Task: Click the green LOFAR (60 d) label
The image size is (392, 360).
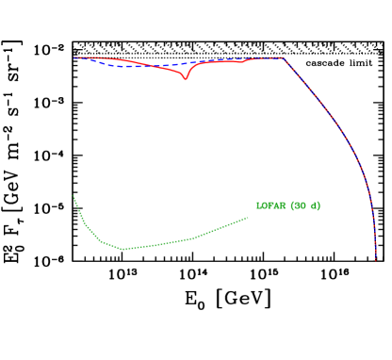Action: [287, 205]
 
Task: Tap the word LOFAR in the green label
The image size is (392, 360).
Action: [271, 205]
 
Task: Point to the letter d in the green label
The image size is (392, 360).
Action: [314, 205]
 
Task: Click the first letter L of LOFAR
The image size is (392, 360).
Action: [259, 205]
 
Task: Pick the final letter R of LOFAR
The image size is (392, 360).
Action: [283, 205]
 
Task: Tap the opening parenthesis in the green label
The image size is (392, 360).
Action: [292, 205]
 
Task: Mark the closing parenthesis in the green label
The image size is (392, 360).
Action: [318, 205]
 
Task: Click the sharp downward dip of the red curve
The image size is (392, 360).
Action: [186, 79]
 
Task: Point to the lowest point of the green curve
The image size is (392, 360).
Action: [122, 249]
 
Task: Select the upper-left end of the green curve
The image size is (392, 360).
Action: [73, 196]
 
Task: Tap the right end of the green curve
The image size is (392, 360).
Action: [248, 218]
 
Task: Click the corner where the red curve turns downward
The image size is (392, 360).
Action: [283, 57]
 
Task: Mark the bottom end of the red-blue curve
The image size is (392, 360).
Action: [375, 259]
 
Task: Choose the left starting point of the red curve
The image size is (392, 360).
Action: [74, 57]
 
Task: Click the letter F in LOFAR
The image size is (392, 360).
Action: [270, 205]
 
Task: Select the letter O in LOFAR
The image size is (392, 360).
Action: [265, 205]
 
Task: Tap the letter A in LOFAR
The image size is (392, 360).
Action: [277, 205]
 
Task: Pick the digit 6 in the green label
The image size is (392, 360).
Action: [297, 205]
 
